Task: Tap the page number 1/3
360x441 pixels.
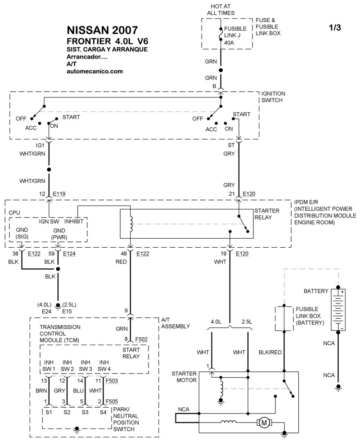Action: (x=335, y=28)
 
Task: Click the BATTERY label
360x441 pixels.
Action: (x=315, y=291)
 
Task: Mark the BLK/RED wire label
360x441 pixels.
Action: (x=270, y=352)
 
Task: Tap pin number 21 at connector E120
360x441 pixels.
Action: (x=231, y=194)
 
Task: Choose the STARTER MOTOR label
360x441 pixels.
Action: (x=184, y=377)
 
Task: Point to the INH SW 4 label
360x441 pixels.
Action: (x=103, y=365)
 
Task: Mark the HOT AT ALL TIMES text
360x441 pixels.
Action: (x=220, y=10)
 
